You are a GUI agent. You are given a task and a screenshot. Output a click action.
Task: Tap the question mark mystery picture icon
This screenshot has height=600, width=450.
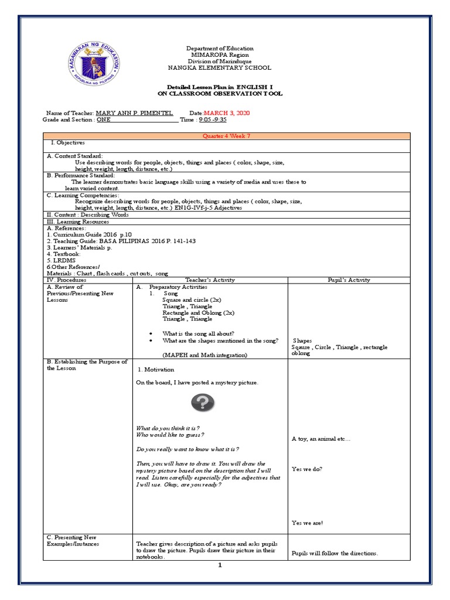202,403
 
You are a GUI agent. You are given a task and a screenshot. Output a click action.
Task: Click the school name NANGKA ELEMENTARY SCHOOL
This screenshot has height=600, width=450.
220,68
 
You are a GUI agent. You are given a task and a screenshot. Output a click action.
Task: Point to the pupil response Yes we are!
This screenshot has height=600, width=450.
308,523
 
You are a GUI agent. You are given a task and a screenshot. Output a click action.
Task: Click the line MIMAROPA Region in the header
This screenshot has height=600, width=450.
220,55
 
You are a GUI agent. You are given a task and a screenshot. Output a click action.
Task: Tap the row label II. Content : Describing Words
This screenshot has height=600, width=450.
87,215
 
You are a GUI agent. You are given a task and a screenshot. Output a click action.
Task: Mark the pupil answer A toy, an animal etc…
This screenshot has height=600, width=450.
321,439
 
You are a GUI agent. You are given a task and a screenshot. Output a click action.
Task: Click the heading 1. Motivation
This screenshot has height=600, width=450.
156,370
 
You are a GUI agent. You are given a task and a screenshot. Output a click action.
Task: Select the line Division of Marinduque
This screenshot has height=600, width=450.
220,62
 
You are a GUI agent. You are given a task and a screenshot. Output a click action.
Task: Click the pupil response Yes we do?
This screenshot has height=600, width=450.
306,469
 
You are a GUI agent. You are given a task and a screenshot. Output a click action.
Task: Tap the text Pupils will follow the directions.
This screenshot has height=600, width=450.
335,553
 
